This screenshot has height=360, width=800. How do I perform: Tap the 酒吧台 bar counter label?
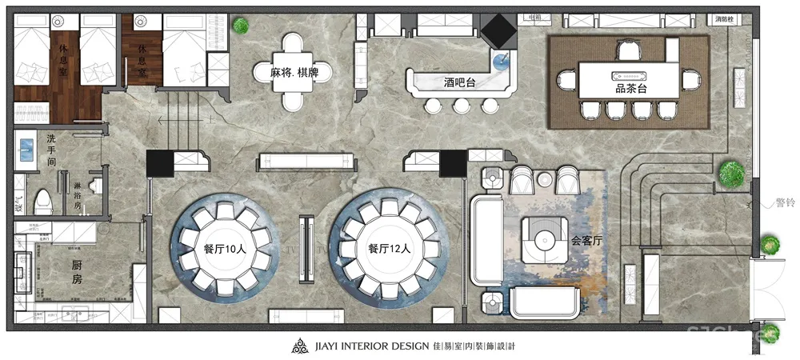click(x=461, y=82)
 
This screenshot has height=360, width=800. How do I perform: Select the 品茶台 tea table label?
click(x=631, y=88)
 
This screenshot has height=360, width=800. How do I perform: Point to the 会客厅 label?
click(x=586, y=239)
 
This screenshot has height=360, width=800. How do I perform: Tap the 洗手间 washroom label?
click(x=50, y=150)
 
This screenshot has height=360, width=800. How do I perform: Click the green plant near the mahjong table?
click(x=239, y=26)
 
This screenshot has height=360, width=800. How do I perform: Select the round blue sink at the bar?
click(x=502, y=58)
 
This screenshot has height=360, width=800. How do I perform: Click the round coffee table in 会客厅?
click(x=547, y=238)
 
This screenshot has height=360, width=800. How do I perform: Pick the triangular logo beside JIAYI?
click(x=298, y=346)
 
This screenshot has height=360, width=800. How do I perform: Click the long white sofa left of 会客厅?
click(x=486, y=242)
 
